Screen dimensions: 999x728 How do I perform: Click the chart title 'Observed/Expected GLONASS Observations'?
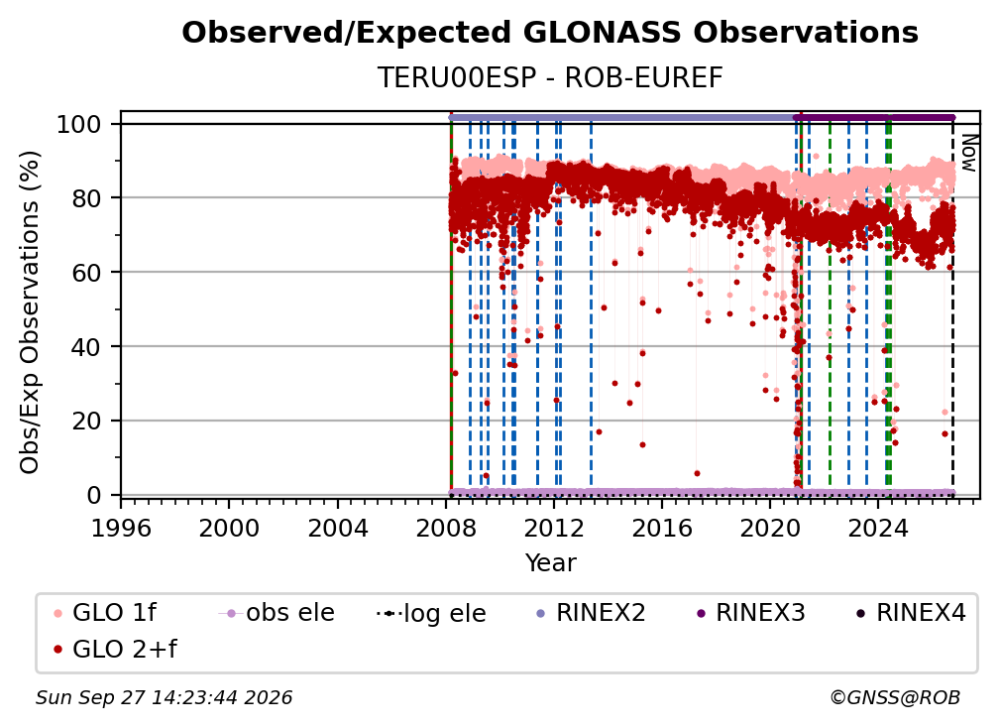(550, 33)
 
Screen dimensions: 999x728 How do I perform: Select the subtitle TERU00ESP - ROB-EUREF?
(550, 77)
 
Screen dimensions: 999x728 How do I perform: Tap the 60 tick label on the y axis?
(86, 272)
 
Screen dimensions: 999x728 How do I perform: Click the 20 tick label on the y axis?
(86, 421)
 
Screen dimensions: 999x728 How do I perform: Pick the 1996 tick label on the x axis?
(121, 528)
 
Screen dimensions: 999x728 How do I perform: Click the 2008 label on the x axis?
(445, 528)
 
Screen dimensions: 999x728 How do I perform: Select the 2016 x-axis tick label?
(661, 528)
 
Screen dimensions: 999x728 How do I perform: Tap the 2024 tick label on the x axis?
(878, 528)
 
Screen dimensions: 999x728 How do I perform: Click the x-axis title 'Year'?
(550, 563)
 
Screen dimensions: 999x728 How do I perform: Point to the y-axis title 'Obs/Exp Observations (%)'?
(30, 312)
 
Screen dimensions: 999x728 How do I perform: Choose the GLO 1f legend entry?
(105, 613)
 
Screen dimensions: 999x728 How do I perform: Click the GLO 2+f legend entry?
(115, 650)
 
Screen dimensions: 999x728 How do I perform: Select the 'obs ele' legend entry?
(277, 613)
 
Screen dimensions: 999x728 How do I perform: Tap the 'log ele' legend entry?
(431, 614)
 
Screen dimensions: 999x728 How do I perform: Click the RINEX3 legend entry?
(750, 613)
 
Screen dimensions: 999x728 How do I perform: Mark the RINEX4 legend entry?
(911, 613)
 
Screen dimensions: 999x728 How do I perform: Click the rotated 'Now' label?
(968, 153)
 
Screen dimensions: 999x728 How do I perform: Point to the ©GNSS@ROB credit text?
(895, 698)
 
